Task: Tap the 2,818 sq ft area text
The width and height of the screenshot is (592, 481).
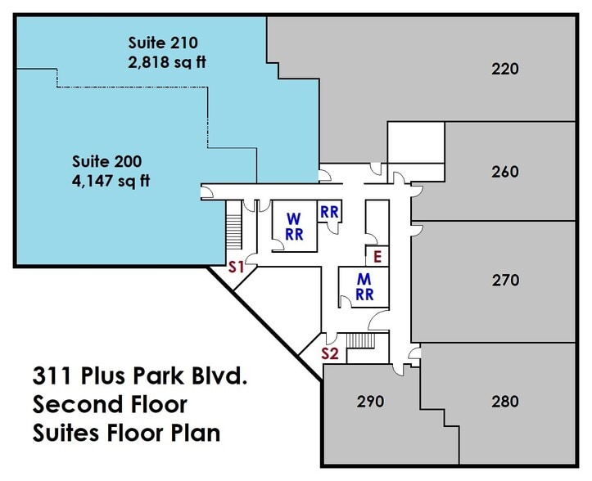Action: pyautogui.click(x=163, y=62)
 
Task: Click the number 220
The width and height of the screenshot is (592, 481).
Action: pyautogui.click(x=505, y=69)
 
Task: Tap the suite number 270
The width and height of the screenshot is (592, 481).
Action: pyautogui.click(x=505, y=281)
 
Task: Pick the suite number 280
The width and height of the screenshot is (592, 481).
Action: pyautogui.click(x=505, y=402)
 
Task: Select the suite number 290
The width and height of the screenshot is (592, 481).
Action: pyautogui.click(x=371, y=402)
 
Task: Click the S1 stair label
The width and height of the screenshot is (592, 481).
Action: pyautogui.click(x=237, y=267)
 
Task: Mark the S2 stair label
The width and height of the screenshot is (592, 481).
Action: pyautogui.click(x=329, y=353)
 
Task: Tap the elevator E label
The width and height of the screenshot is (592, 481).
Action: pyautogui.click(x=377, y=256)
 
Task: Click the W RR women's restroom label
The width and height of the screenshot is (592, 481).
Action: pyautogui.click(x=294, y=226)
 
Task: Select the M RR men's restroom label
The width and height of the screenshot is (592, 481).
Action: pyautogui.click(x=365, y=286)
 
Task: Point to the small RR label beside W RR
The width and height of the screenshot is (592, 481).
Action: pyautogui.click(x=330, y=212)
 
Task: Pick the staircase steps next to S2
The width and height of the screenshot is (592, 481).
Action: pyautogui.click(x=361, y=341)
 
